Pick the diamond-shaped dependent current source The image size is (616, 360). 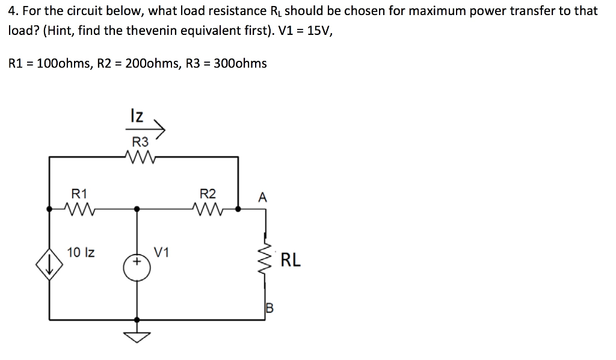(x=49, y=262)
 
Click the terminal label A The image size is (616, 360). (x=262, y=197)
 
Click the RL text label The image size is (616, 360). (x=291, y=261)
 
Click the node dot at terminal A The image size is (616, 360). (x=239, y=209)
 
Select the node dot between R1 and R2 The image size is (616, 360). (x=137, y=209)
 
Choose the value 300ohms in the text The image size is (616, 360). (x=240, y=63)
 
